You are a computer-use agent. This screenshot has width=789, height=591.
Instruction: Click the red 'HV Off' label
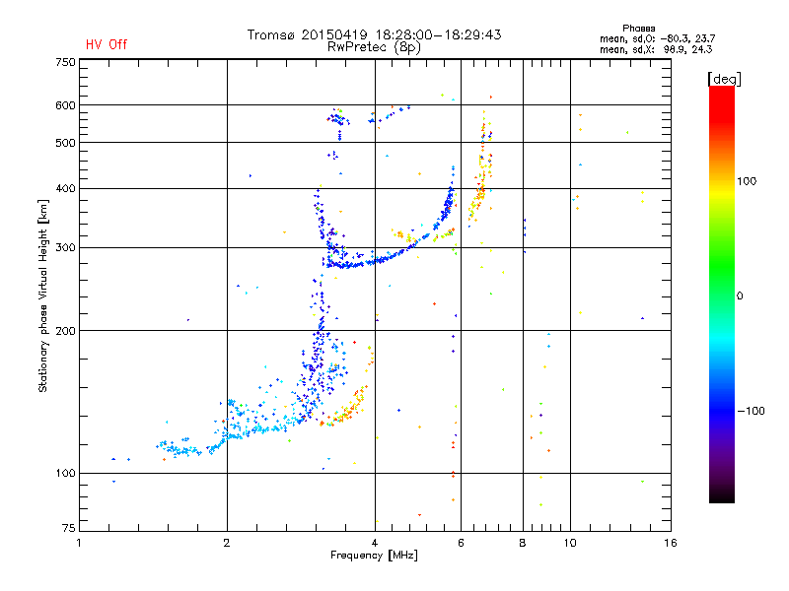click(107, 44)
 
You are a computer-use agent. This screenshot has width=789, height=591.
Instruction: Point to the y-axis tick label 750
click(65, 62)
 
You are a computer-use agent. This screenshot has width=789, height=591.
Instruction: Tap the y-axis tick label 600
click(65, 104)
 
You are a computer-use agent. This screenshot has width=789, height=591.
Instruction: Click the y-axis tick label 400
click(65, 188)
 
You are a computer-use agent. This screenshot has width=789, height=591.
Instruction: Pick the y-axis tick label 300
click(65, 247)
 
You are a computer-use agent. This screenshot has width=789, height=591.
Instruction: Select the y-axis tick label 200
click(65, 330)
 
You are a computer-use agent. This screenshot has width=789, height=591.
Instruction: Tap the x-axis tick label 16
click(670, 543)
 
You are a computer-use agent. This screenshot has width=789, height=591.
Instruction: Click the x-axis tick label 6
click(462, 543)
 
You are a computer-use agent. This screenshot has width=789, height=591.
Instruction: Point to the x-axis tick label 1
click(79, 543)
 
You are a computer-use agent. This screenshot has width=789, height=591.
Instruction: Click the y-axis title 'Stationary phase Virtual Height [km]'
click(43, 295)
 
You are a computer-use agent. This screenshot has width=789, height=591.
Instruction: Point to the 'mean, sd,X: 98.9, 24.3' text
click(663, 48)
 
